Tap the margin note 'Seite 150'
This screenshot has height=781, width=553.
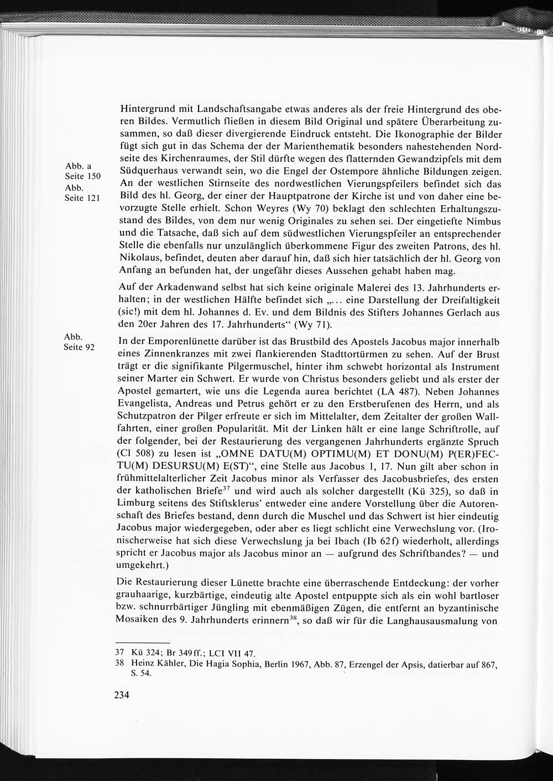[x=82, y=176]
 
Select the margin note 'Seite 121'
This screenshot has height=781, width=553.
[x=82, y=198]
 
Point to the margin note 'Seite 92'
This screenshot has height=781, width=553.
[x=80, y=347]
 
